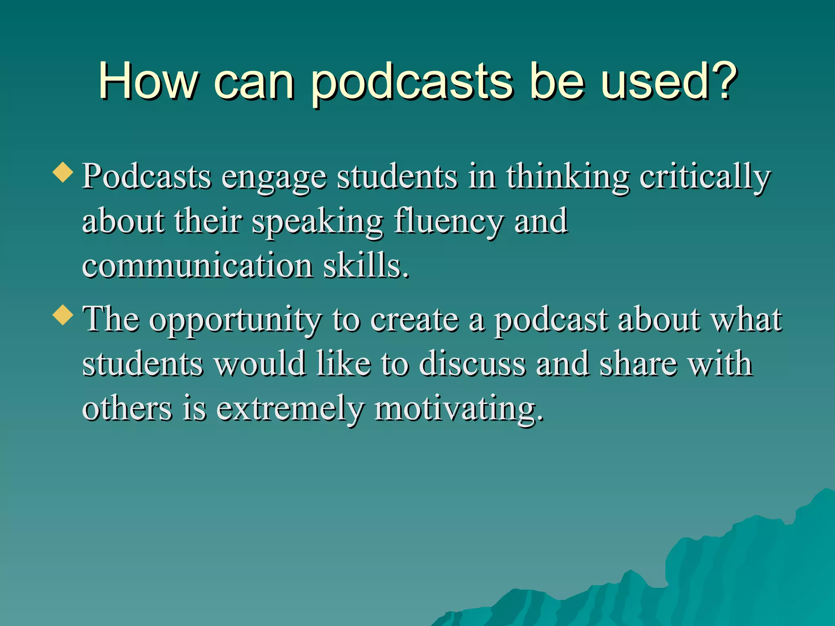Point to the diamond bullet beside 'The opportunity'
tap(63, 315)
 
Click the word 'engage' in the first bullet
tap(274, 179)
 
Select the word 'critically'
tap(705, 179)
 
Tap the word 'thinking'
tap(568, 179)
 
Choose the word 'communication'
tap(197, 266)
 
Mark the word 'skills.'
tap(366, 266)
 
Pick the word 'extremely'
tap(289, 409)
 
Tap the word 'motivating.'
tap(459, 409)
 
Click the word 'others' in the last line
tap(127, 408)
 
